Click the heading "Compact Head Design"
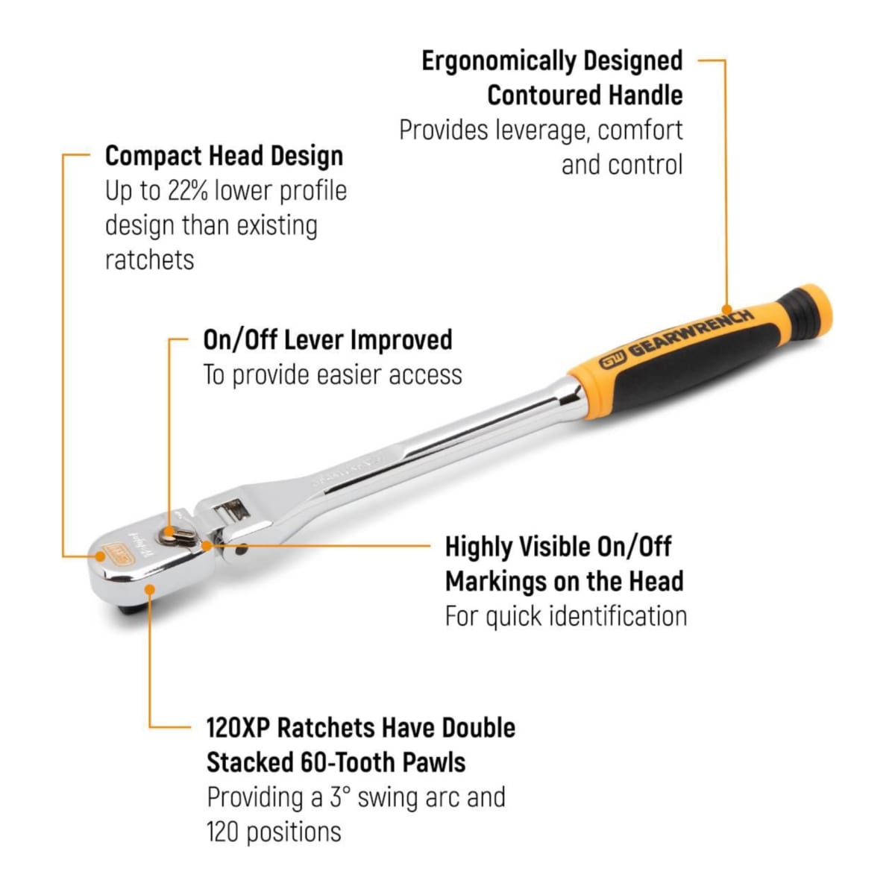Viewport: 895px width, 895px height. point(224,156)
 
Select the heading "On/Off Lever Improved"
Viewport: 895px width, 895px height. point(328,339)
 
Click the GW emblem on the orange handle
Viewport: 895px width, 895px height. point(613,360)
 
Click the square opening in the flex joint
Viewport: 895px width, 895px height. point(232,510)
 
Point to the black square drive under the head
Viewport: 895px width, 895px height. point(131,606)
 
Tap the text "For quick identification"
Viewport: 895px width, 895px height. point(565,616)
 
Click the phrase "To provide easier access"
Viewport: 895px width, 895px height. point(333,375)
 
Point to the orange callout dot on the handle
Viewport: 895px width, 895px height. point(726,310)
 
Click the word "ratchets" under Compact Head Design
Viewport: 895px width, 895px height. point(150,260)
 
